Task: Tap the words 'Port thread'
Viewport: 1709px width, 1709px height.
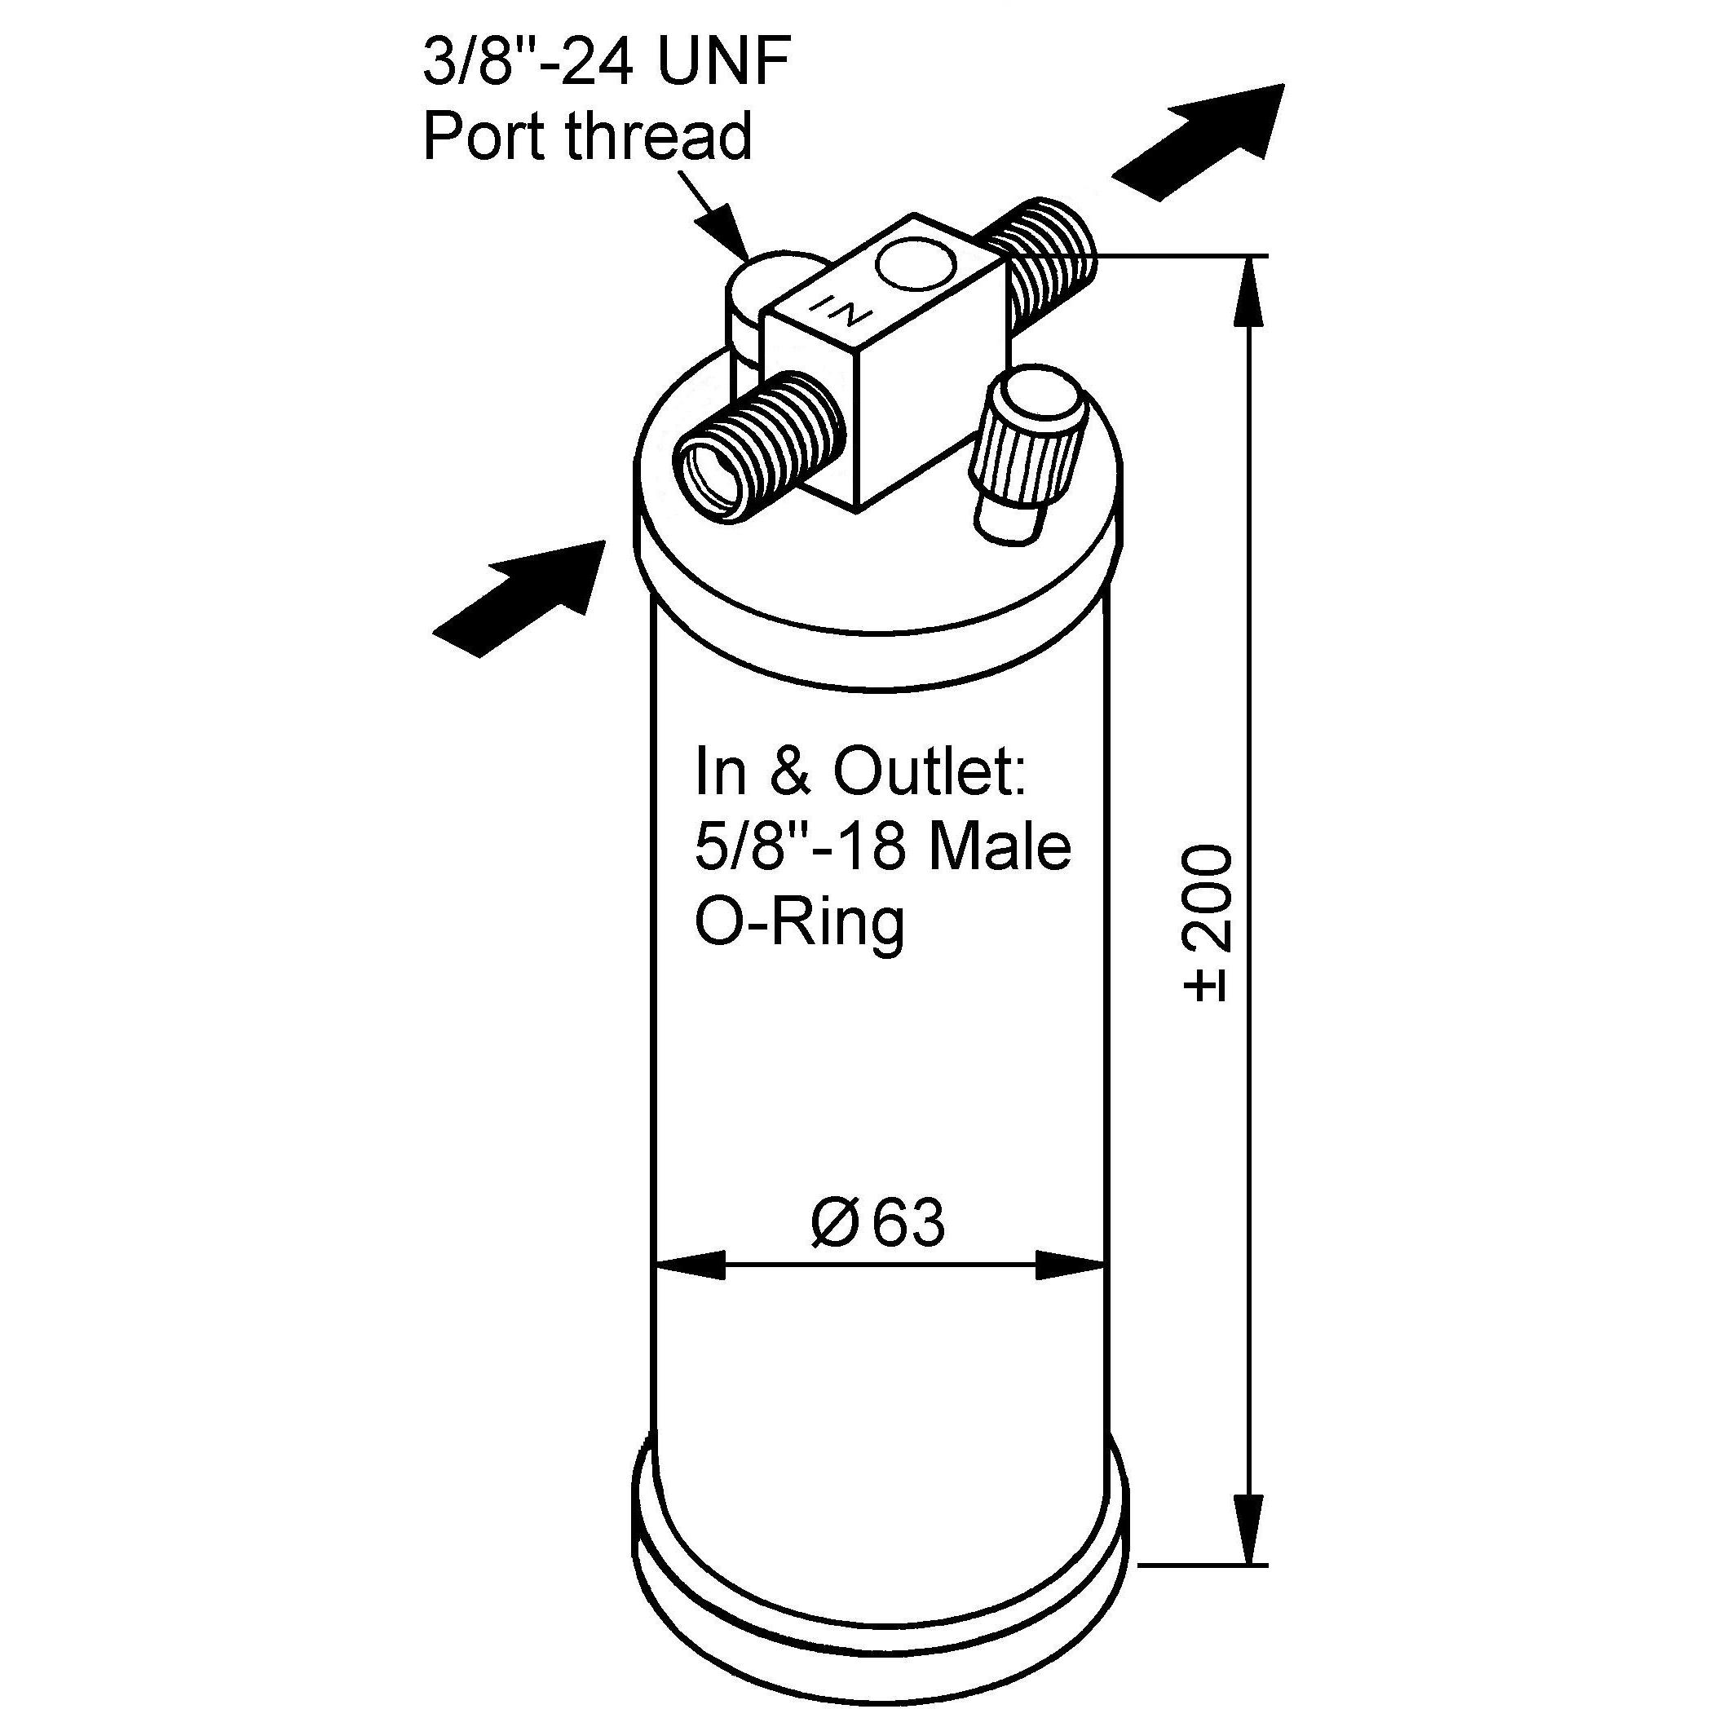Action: (x=586, y=135)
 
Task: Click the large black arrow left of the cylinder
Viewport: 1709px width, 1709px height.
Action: (x=519, y=598)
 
